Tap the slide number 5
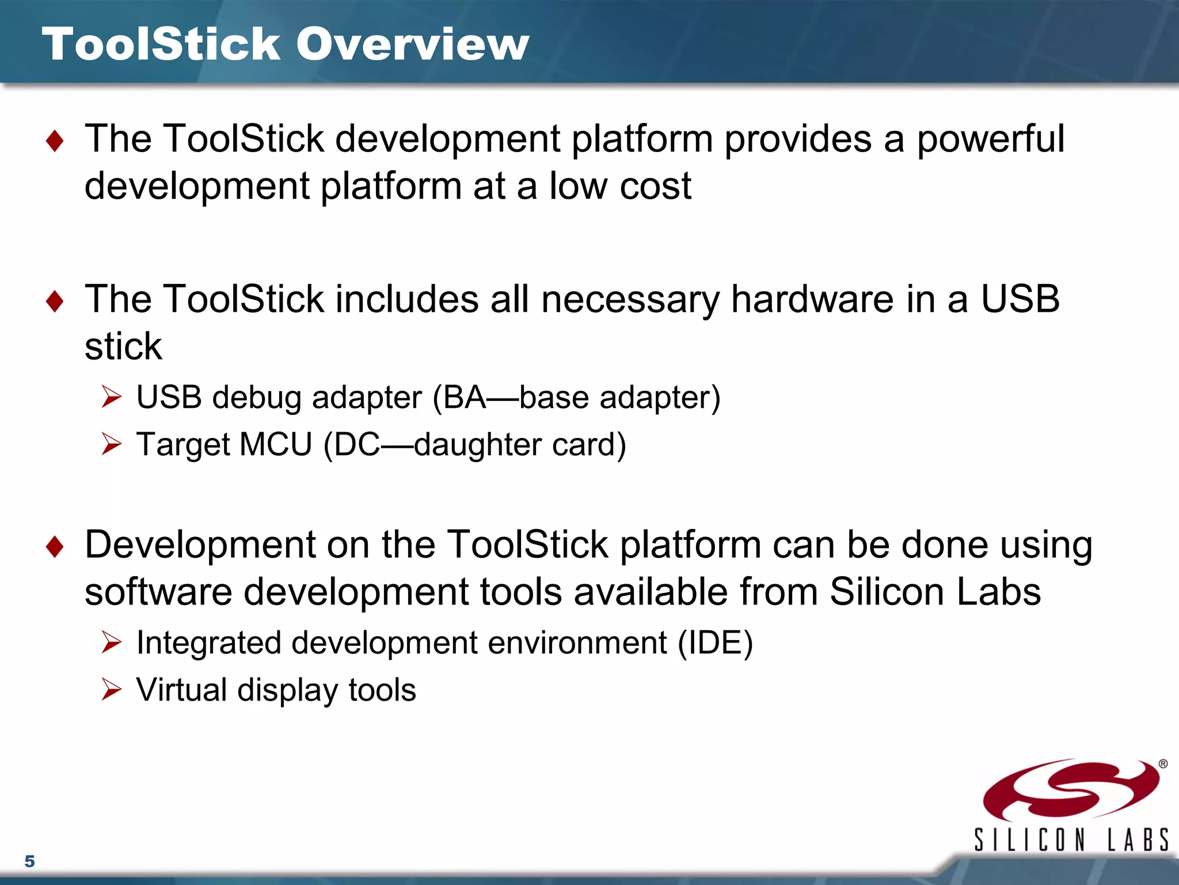click(30, 861)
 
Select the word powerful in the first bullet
click(990, 139)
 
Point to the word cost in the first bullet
click(655, 186)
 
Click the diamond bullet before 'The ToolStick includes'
click(55, 301)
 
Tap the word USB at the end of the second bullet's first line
click(1020, 299)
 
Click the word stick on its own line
click(123, 346)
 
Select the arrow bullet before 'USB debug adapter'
click(111, 397)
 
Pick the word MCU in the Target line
click(275, 444)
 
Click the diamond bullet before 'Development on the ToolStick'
click(55, 546)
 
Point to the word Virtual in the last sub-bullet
click(182, 690)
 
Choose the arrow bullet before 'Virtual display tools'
click(111, 689)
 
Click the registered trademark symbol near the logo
click(1163, 763)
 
